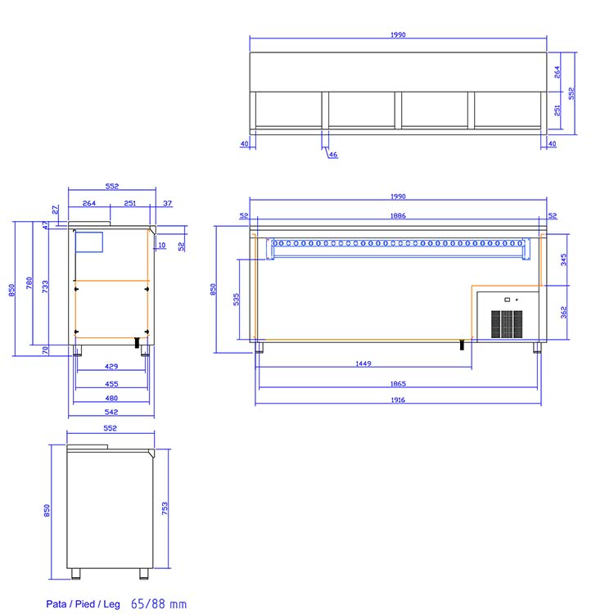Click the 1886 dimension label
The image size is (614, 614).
[398, 216]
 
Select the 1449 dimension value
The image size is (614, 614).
[363, 363]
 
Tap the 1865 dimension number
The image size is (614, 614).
[398, 384]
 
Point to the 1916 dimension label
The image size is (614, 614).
[398, 400]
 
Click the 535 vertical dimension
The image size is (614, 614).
[236, 300]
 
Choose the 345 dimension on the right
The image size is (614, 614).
[563, 260]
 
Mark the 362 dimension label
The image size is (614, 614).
[563, 312]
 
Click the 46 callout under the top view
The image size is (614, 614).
[333, 155]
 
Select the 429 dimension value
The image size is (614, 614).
[111, 367]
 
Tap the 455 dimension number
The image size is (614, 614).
[111, 384]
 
